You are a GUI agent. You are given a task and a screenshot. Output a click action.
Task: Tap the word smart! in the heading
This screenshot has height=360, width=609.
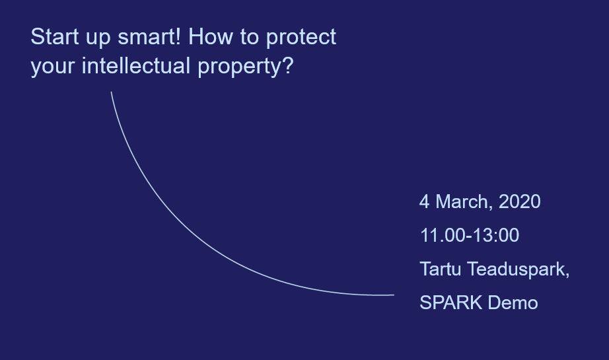[x=149, y=37]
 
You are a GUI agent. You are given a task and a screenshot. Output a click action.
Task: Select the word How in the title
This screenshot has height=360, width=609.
[x=210, y=37]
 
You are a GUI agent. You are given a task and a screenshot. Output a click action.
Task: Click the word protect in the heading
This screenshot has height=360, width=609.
[x=301, y=38]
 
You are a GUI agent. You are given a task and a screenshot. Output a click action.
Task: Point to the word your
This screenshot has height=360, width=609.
[x=52, y=67]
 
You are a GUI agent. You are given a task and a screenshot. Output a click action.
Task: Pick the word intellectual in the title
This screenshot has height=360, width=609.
[x=136, y=65]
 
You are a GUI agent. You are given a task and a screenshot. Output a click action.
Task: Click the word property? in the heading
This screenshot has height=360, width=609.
[x=246, y=67]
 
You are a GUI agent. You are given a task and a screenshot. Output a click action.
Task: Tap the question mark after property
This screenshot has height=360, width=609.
[x=289, y=65]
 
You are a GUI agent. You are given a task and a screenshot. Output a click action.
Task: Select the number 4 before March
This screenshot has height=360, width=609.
[x=425, y=201]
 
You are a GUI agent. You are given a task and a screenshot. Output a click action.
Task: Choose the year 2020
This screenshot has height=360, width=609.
[x=519, y=201]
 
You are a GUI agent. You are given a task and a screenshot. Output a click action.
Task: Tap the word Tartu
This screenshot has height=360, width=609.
[x=441, y=269]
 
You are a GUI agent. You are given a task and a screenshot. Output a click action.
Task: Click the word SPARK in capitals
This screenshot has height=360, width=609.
[x=451, y=303]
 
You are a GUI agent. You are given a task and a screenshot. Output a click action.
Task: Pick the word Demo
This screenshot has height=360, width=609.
[x=513, y=303]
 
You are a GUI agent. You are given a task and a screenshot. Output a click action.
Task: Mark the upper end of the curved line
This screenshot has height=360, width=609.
[x=112, y=92]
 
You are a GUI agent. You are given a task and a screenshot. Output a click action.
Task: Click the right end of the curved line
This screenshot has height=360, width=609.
[x=394, y=295]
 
